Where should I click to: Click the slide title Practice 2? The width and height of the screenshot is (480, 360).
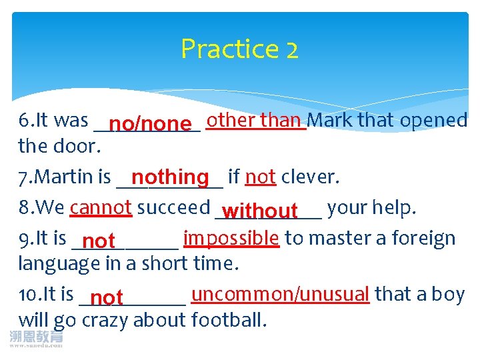click(239, 49)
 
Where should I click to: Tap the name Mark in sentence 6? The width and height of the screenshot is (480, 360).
click(331, 120)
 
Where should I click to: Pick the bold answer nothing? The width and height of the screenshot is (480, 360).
click(170, 177)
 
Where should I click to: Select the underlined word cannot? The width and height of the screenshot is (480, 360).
click(101, 207)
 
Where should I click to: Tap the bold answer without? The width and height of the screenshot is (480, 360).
click(260, 211)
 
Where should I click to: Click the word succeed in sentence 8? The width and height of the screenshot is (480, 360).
click(173, 207)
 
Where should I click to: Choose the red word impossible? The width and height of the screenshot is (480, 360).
click(231, 238)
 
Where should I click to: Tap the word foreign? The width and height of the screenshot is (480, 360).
click(424, 238)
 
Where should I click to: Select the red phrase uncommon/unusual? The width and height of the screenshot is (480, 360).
click(280, 294)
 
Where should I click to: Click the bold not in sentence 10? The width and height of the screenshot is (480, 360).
click(107, 297)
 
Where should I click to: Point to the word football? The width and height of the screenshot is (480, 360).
click(229, 320)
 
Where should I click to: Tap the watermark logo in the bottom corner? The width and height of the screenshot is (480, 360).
click(37, 339)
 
